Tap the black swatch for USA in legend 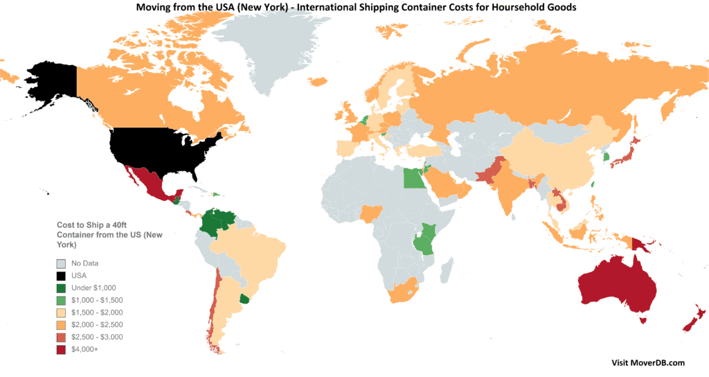coord(62,275)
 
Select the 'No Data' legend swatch coord(62,263)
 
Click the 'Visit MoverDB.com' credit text coord(648,362)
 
